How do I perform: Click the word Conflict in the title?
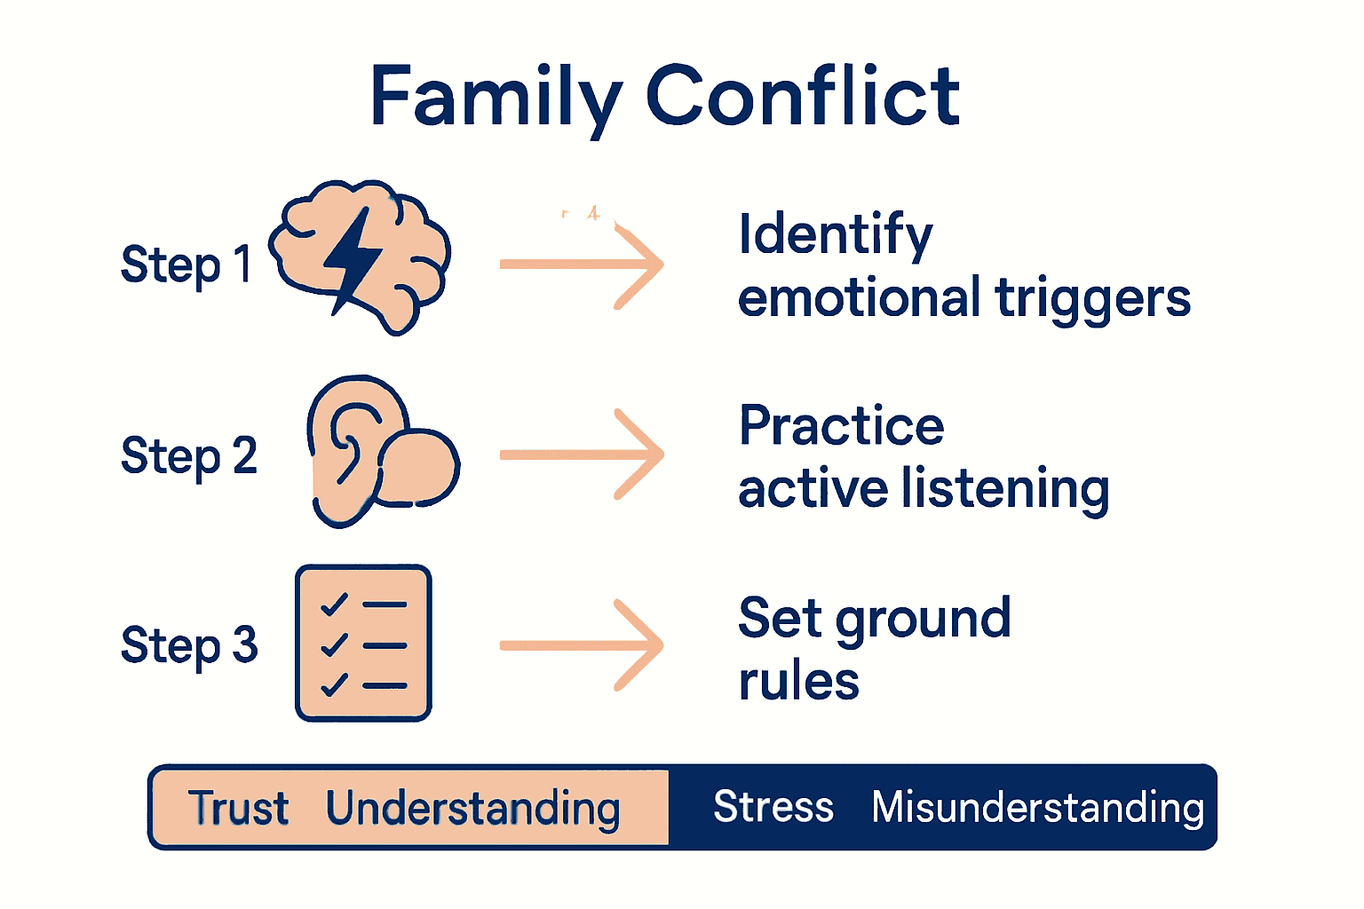803,96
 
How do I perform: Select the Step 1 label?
186,265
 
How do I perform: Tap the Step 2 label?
188,456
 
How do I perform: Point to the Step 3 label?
188,645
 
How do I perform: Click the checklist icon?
363,643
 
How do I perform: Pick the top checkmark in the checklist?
334,605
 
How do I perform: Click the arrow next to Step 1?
582,265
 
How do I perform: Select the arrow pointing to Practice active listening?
582,454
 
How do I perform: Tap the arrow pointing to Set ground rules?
582,645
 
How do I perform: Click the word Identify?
836,235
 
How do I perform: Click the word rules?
798,682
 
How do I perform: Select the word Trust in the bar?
238,808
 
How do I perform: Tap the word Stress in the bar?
773,807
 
